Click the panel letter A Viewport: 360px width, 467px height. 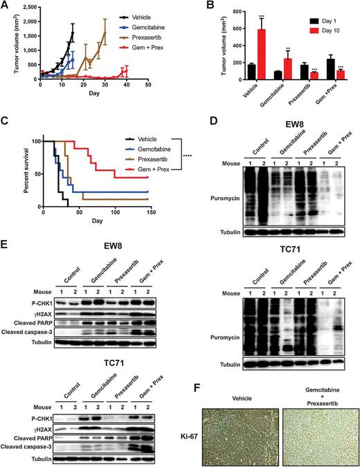pyautogui.click(x=5, y=6)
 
